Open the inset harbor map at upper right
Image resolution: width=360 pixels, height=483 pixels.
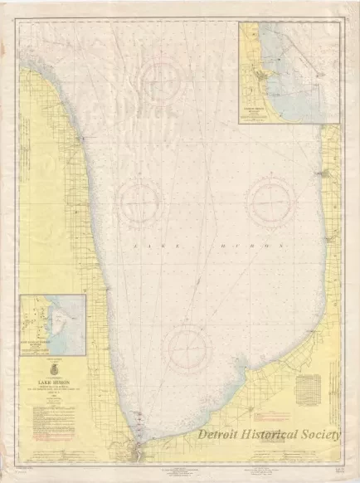coord(288,72)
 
